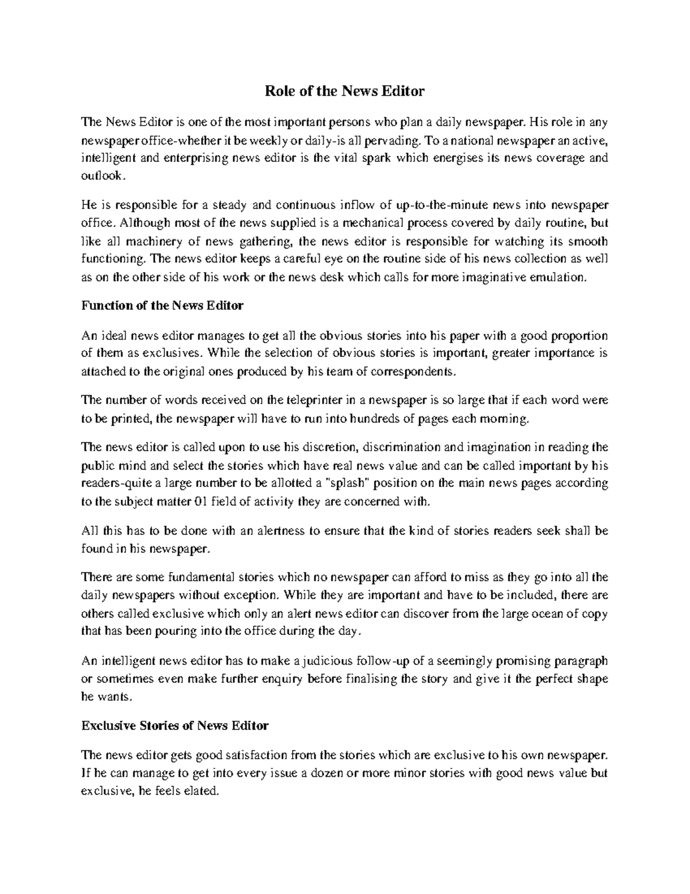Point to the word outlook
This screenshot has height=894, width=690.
(x=101, y=176)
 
